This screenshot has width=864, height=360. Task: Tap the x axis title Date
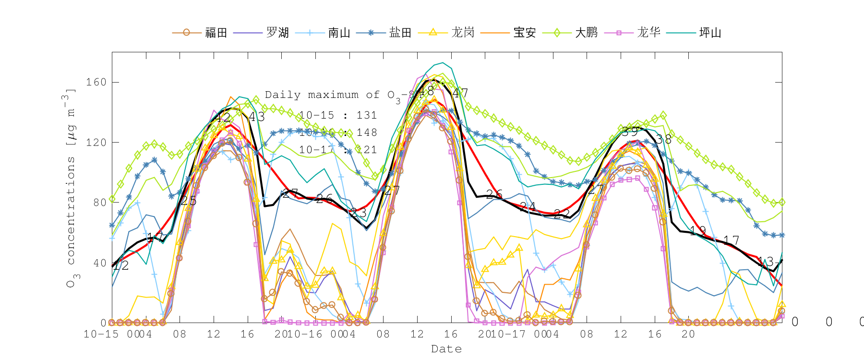446,349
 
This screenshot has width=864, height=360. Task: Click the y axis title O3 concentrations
70,187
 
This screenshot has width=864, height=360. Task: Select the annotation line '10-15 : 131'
337,115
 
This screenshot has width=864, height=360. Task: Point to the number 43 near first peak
256,117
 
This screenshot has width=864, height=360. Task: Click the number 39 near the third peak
630,132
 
